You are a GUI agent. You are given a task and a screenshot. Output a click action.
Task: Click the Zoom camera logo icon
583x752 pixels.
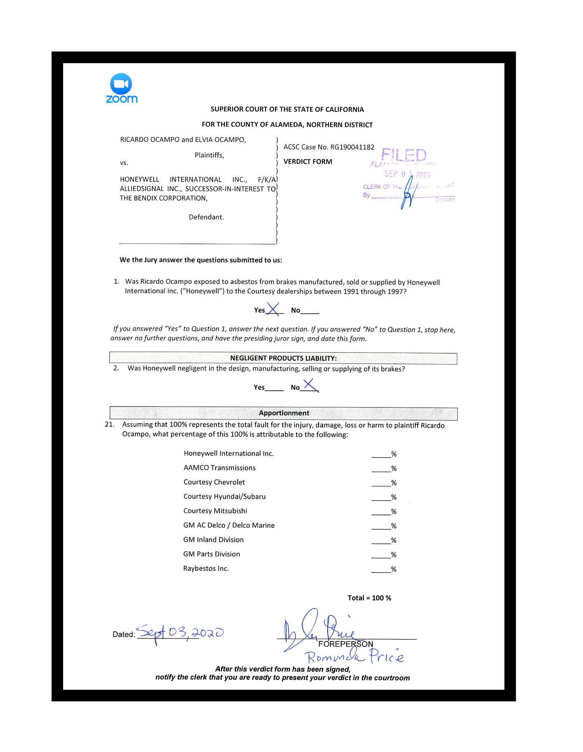click(121, 84)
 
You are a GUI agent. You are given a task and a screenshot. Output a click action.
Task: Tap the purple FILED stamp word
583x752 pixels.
click(404, 155)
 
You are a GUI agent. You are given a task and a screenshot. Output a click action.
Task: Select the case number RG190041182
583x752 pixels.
click(352, 147)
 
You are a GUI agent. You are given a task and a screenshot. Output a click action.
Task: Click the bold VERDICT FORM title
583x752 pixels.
click(307, 162)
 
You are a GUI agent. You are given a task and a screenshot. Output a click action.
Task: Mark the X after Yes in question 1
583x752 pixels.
click(273, 309)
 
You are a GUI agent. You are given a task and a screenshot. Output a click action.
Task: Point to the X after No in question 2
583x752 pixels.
click(310, 385)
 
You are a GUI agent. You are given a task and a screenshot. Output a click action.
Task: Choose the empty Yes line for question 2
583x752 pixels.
click(274, 388)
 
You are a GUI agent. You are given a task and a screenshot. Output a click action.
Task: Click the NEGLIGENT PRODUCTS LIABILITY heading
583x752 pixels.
click(283, 358)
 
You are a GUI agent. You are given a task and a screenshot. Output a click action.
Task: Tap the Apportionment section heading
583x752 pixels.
click(283, 413)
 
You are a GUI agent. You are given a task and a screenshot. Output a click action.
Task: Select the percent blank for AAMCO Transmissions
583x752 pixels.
click(381, 469)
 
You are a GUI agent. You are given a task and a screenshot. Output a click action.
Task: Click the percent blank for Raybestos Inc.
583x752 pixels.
click(381, 570)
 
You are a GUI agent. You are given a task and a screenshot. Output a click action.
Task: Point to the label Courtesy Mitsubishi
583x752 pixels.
click(215, 511)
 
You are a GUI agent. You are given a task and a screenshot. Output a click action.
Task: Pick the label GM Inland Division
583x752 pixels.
click(213, 540)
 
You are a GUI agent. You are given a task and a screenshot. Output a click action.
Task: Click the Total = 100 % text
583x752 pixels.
click(369, 598)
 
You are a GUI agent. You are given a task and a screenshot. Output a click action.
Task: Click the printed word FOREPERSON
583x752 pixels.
click(345, 644)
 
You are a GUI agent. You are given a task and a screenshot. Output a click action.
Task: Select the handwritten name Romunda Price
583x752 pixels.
click(354, 656)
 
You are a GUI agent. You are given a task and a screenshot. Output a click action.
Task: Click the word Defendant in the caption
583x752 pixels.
click(206, 218)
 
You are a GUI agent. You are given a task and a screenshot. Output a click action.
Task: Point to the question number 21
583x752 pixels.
click(109, 425)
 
